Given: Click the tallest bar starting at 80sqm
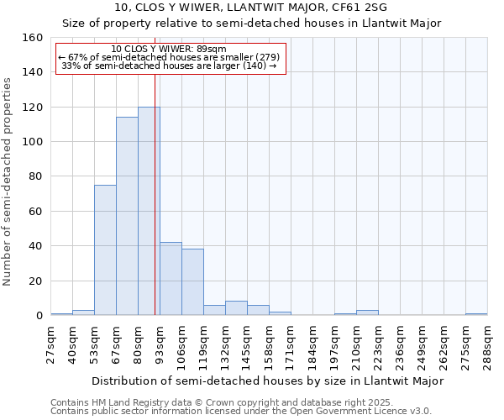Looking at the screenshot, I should coord(149,211).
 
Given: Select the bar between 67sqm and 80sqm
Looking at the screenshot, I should coord(127,216).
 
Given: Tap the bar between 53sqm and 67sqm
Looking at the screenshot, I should coord(105,250).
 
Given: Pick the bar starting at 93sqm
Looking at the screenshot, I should coord(171,279).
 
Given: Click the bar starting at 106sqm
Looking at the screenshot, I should coord(192,282).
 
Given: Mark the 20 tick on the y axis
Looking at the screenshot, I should coord(35,281).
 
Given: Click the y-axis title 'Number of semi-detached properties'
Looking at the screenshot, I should coord(8,177).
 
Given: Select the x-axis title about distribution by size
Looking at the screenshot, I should coord(267,381).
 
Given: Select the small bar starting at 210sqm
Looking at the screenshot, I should coord(367,312).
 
